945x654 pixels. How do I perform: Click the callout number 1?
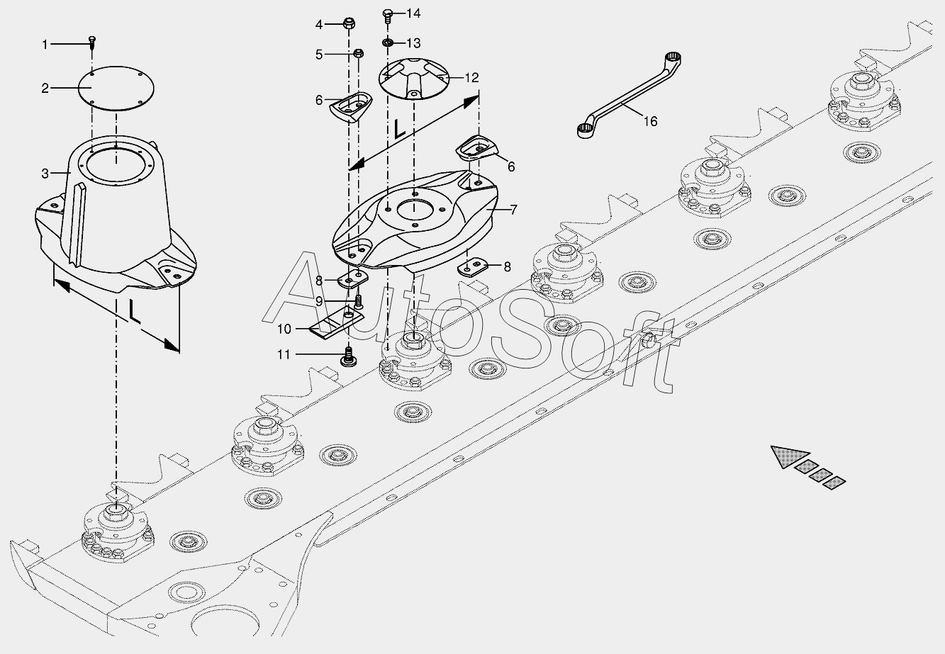(x=45, y=45)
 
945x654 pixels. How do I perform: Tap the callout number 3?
(x=45, y=173)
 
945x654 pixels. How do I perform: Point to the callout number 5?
(x=319, y=54)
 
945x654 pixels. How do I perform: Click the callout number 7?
(x=513, y=210)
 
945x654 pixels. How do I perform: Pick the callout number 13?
(x=413, y=43)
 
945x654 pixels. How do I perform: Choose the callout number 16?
(x=650, y=121)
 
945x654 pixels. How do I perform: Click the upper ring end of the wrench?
(x=671, y=57)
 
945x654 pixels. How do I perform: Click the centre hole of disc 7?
(x=415, y=210)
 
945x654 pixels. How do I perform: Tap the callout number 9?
(x=319, y=301)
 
